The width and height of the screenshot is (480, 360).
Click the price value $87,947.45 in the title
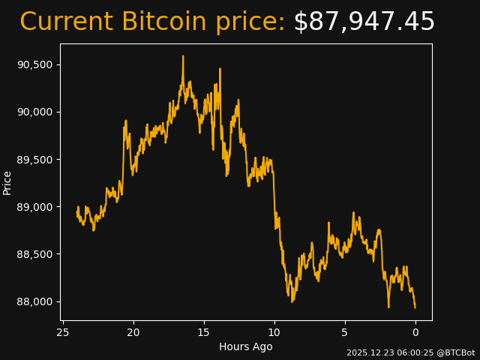coord(364,22)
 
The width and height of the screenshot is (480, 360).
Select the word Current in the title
coord(67,22)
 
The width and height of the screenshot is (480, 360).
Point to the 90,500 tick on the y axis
coord(35,64)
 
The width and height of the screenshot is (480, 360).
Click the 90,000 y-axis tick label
coord(35,112)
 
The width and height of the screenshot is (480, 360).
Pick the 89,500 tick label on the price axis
coord(35,160)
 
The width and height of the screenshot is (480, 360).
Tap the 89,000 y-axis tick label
coord(35,207)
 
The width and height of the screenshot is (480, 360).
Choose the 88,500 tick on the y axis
coord(35,254)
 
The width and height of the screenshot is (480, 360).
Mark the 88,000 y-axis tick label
coord(35,301)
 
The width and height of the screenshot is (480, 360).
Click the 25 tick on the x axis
coord(63,332)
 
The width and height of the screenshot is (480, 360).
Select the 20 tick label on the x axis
coord(133,332)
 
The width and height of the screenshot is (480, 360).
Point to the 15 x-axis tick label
coord(204,332)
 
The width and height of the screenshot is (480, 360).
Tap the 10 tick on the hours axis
coord(274,332)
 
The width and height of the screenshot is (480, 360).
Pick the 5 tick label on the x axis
coord(345,332)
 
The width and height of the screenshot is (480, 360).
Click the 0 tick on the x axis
coord(415,332)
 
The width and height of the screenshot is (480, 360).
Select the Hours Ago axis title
coord(246,346)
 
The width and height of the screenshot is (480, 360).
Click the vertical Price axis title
coord(7,182)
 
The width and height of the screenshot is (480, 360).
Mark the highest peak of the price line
coord(182,56)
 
